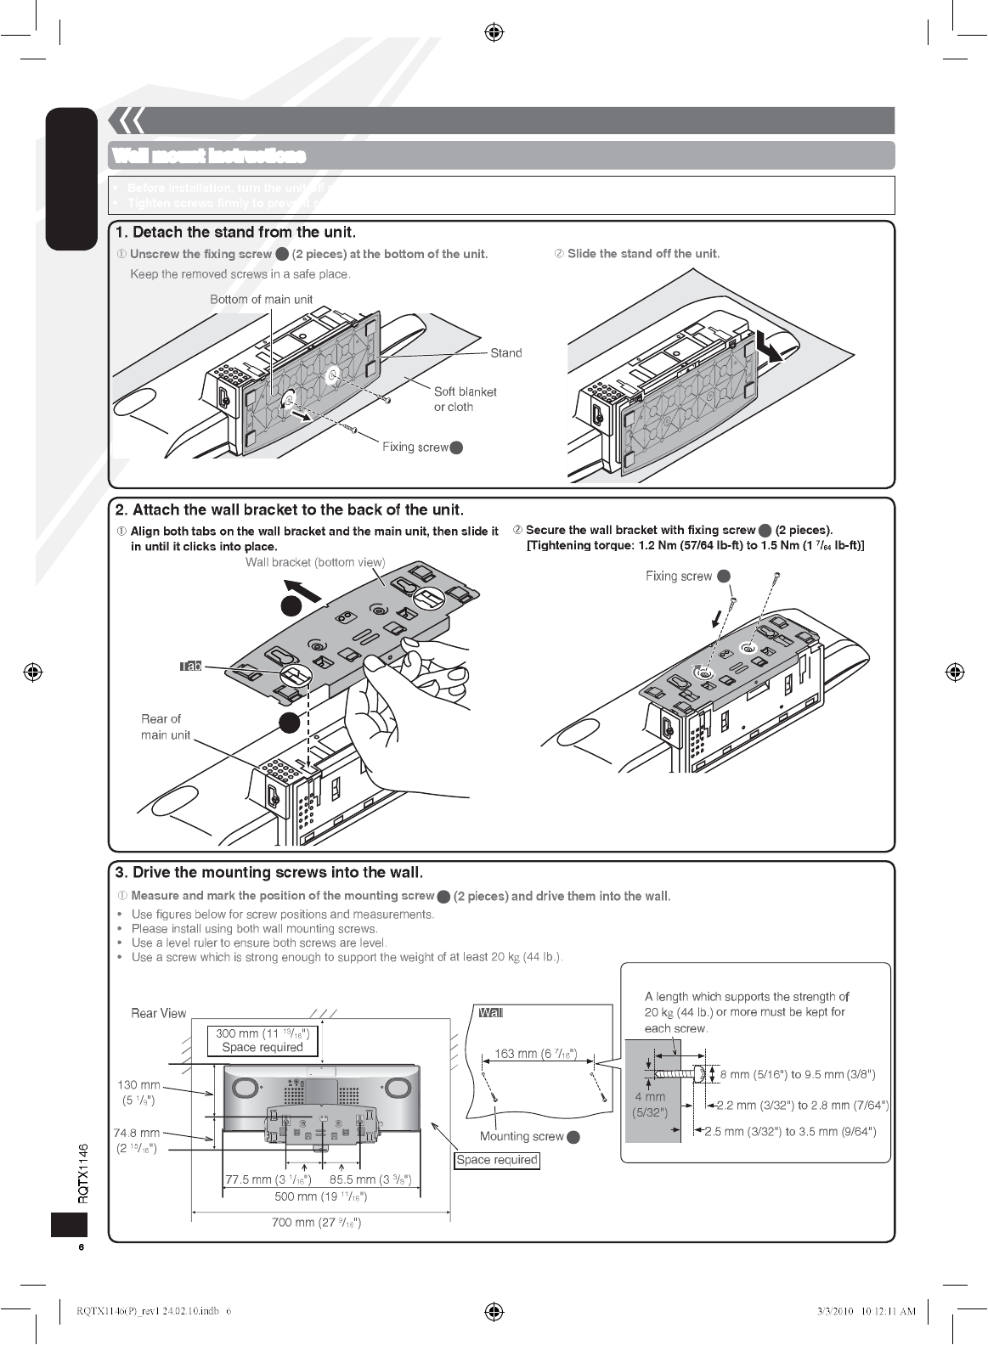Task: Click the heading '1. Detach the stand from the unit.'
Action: click(x=235, y=233)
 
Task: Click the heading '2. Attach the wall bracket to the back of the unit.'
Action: click(x=289, y=509)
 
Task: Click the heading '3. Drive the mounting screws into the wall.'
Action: click(x=268, y=872)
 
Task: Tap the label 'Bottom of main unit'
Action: click(x=261, y=299)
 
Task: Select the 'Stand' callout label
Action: click(x=506, y=353)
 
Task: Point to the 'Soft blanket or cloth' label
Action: click(x=465, y=399)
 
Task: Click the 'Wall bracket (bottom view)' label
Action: click(x=315, y=562)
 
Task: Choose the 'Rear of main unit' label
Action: click(x=165, y=727)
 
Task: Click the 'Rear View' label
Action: click(x=158, y=1013)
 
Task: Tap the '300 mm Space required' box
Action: click(x=263, y=1040)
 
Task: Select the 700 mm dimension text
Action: click(x=316, y=1223)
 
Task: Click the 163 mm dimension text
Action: click(x=536, y=1054)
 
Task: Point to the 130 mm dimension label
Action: click(x=138, y=1092)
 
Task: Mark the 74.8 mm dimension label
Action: click(x=137, y=1140)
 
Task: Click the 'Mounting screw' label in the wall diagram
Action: click(x=522, y=1136)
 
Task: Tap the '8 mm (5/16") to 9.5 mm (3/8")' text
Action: click(x=797, y=1074)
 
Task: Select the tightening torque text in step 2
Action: click(x=695, y=545)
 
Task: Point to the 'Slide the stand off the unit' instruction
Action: click(x=643, y=253)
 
